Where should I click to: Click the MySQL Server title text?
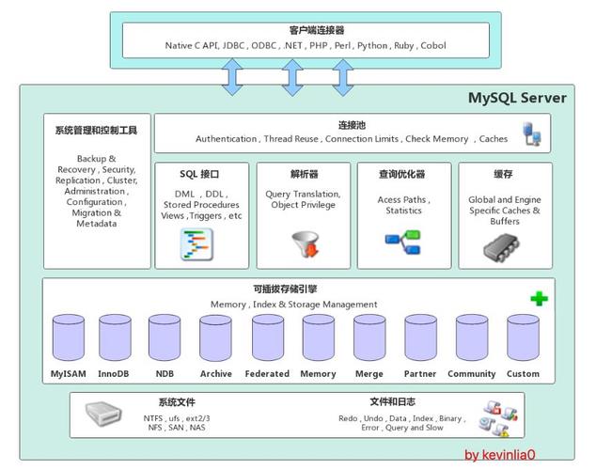(x=517, y=98)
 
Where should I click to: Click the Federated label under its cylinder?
(x=267, y=374)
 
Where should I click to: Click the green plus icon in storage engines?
(x=539, y=298)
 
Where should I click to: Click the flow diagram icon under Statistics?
(x=403, y=241)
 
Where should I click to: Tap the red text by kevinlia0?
(x=499, y=455)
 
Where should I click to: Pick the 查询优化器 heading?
(x=401, y=174)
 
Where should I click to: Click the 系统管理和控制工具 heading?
(x=96, y=131)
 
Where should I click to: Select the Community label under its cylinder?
(x=471, y=374)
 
